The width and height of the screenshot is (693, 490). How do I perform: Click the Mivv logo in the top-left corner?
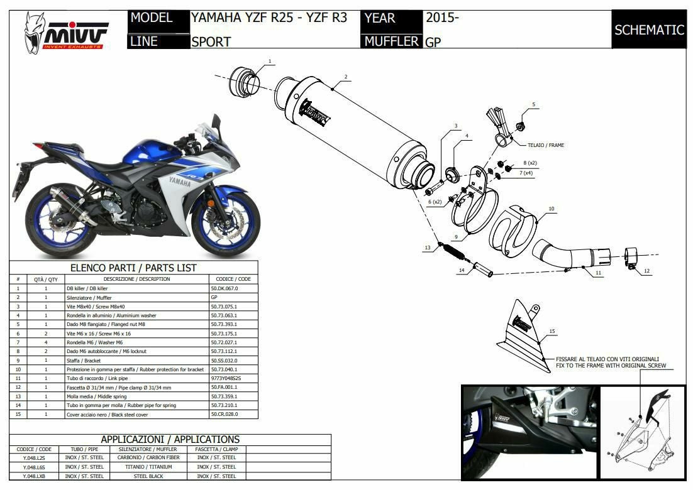tap(66, 33)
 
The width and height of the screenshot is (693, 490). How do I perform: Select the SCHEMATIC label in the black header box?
tap(649, 30)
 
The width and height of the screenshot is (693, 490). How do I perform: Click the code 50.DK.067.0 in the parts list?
tap(225, 288)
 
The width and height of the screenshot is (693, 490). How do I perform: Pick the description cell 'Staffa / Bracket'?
tap(84, 361)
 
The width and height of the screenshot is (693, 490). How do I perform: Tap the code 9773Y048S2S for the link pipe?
tap(226, 378)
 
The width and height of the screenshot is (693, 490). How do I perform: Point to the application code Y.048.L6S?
tap(34, 467)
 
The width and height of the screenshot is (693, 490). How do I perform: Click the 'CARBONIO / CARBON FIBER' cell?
tap(148, 458)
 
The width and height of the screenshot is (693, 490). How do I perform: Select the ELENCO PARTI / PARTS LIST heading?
tap(133, 268)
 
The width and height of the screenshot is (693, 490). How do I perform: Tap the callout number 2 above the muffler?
tap(346, 77)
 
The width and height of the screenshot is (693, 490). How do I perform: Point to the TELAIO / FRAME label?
tap(546, 145)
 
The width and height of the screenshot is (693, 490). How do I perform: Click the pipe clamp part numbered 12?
tap(631, 258)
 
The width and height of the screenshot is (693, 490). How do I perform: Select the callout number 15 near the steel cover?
tap(552, 331)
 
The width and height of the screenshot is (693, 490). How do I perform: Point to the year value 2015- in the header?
tap(443, 18)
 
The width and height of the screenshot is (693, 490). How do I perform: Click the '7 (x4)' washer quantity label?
tap(526, 173)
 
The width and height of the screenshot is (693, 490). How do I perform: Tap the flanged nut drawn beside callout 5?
tap(521, 126)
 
